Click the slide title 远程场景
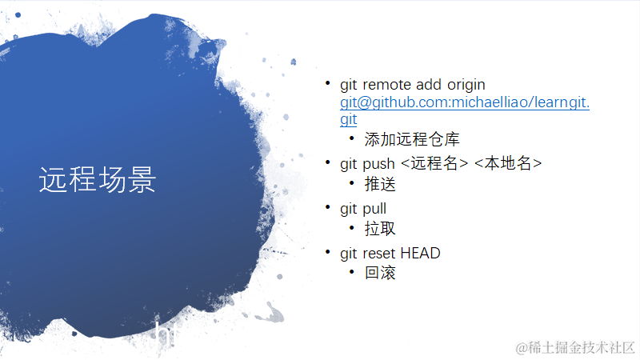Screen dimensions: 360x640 click(x=97, y=181)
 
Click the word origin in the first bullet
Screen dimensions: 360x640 click(x=466, y=85)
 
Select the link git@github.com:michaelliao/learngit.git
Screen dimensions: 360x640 click(x=464, y=103)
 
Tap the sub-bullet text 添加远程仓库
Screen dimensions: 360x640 click(x=412, y=139)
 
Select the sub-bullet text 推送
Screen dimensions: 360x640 click(x=380, y=184)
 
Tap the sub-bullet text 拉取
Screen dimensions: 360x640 click(x=380, y=229)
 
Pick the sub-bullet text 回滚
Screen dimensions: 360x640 click(x=380, y=273)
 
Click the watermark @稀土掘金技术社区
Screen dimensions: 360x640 click(x=575, y=347)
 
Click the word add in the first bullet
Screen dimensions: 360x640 click(x=429, y=85)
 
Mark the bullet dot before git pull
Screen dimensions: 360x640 click(x=326, y=208)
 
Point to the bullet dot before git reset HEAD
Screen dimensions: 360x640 click(x=326, y=253)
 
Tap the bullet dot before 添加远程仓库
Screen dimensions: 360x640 click(x=351, y=138)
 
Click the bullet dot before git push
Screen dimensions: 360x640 click(x=326, y=163)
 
